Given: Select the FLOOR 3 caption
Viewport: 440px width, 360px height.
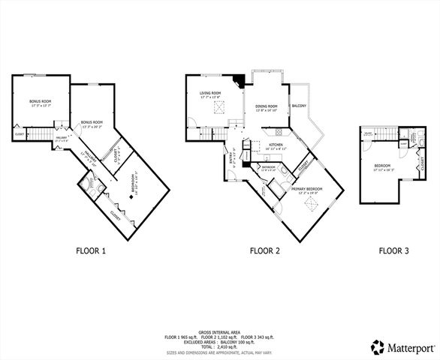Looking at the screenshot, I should pyautogui.click(x=393, y=251).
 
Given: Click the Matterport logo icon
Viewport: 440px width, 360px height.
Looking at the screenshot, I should pyautogui.click(x=376, y=346).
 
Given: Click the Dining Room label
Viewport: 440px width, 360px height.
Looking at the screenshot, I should pyautogui.click(x=266, y=107).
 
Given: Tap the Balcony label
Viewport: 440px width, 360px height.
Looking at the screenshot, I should pyautogui.click(x=298, y=106).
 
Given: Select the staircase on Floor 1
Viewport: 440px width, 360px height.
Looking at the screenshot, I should pyautogui.click(x=54, y=133).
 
